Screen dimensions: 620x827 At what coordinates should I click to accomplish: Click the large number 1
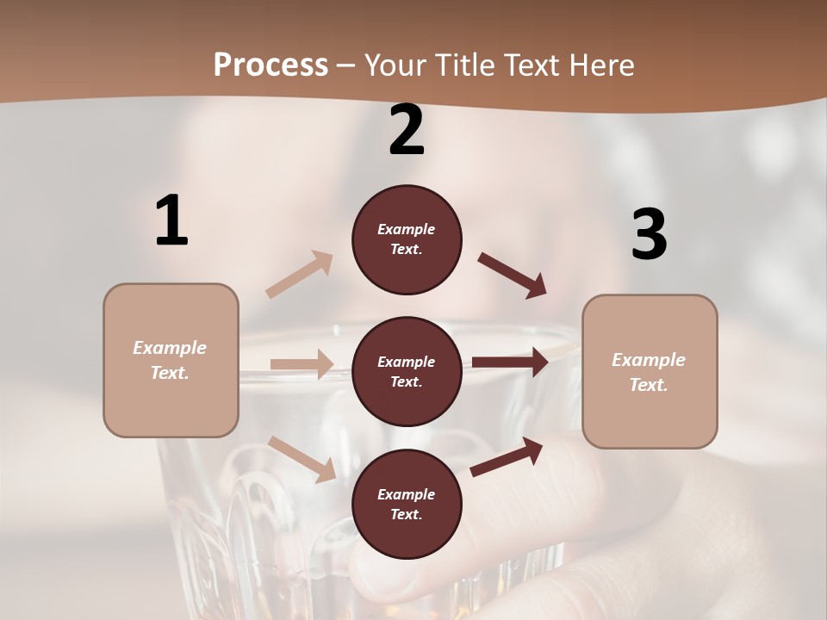[x=171, y=220]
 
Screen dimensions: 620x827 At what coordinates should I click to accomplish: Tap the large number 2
[x=407, y=130]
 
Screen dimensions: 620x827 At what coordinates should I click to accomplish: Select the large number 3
[x=649, y=234]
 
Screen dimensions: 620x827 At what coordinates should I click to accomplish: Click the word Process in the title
[x=270, y=65]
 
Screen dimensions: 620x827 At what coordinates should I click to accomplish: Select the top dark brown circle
[x=407, y=239]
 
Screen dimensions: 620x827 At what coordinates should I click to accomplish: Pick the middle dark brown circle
[x=407, y=371]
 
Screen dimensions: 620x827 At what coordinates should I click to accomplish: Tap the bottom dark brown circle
[x=407, y=504]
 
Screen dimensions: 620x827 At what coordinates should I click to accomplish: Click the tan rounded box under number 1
[x=171, y=360]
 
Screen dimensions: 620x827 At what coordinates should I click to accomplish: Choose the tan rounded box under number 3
[x=650, y=371]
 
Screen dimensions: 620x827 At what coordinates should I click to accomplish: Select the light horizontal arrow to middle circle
[x=302, y=364]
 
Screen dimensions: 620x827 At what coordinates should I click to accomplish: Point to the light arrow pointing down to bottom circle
[x=302, y=459]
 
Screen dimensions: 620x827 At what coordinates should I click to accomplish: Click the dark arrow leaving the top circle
[x=513, y=276]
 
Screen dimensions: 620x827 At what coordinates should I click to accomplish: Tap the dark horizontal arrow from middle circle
[x=509, y=363]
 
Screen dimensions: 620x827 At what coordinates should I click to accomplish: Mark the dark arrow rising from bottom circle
[x=507, y=456]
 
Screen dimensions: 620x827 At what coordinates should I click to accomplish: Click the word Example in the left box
[x=170, y=348]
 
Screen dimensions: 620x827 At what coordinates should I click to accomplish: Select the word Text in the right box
[x=648, y=385]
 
